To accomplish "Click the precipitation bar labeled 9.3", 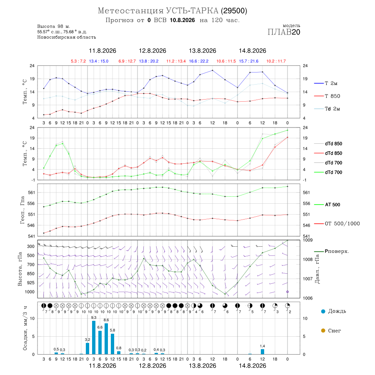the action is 94,337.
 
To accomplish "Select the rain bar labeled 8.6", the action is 106,339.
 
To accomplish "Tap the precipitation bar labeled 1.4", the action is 262,352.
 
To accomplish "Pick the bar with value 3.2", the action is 87,348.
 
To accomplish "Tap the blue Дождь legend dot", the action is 323,311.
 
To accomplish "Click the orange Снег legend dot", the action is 323,330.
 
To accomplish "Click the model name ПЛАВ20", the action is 284,32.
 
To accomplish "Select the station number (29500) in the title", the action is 234,11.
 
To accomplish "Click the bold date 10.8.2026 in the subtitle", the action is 182,20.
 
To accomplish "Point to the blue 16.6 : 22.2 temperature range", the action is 199,61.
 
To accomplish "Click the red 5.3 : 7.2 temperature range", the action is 78,61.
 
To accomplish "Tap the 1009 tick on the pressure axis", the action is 307,240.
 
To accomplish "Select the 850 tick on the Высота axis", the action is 30,274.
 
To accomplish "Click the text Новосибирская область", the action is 67,37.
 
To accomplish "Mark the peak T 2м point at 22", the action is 212,70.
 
